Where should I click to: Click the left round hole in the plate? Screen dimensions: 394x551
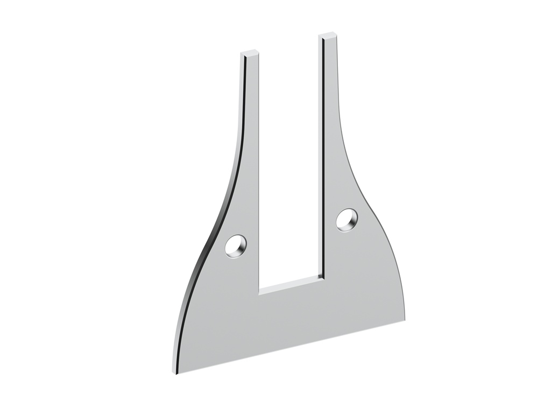(236, 246)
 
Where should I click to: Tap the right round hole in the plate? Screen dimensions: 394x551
(347, 219)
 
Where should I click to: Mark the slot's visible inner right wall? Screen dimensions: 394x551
(323, 161)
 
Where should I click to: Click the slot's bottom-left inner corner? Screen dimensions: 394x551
(259, 294)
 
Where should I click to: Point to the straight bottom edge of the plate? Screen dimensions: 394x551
(291, 346)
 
